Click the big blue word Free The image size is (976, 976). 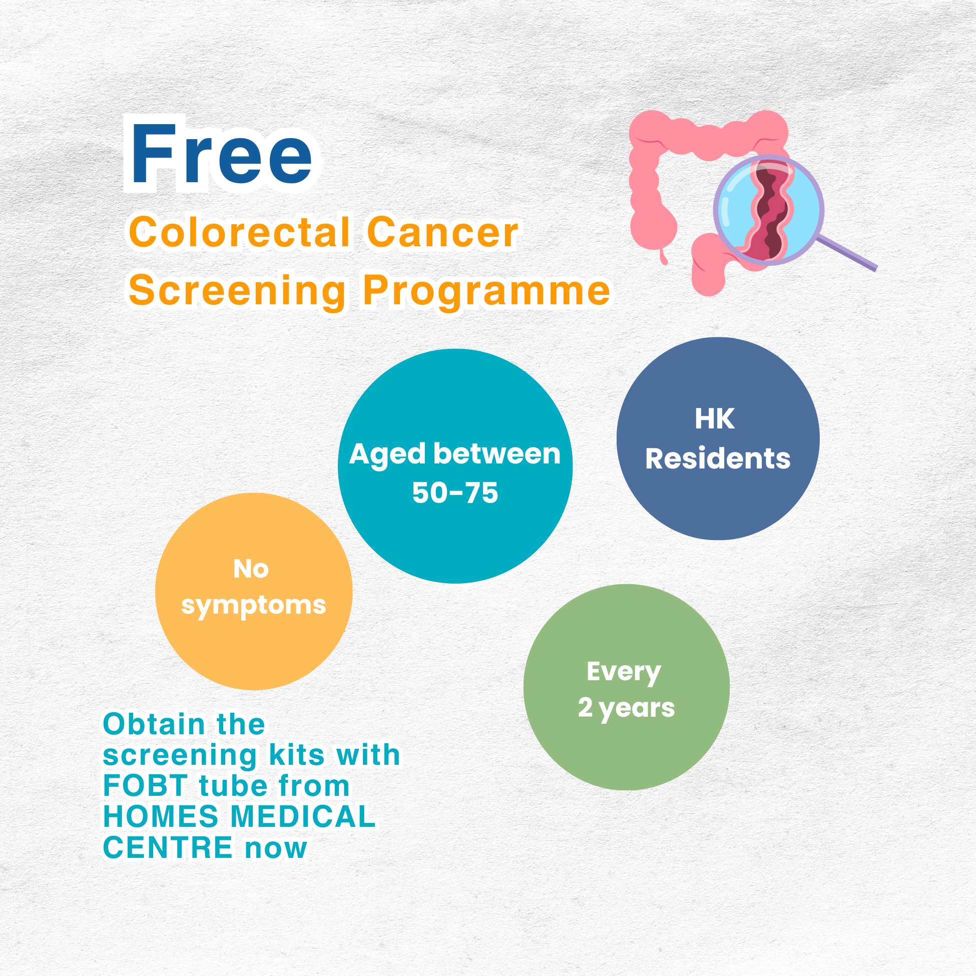click(221, 154)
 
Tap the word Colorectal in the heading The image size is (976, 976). click(239, 232)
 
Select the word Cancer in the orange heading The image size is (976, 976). click(442, 232)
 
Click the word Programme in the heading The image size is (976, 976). click(486, 292)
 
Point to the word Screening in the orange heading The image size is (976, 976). click(237, 292)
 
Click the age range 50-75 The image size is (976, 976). click(455, 493)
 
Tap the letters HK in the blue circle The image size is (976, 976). click(714, 419)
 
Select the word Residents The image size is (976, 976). click(718, 458)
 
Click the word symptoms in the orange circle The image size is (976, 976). click(254, 606)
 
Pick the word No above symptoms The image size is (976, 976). click(251, 569)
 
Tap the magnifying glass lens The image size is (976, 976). click(768, 210)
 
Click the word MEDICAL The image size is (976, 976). click(303, 817)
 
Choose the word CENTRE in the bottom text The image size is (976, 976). click(168, 848)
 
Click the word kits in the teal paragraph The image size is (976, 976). click(296, 755)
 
